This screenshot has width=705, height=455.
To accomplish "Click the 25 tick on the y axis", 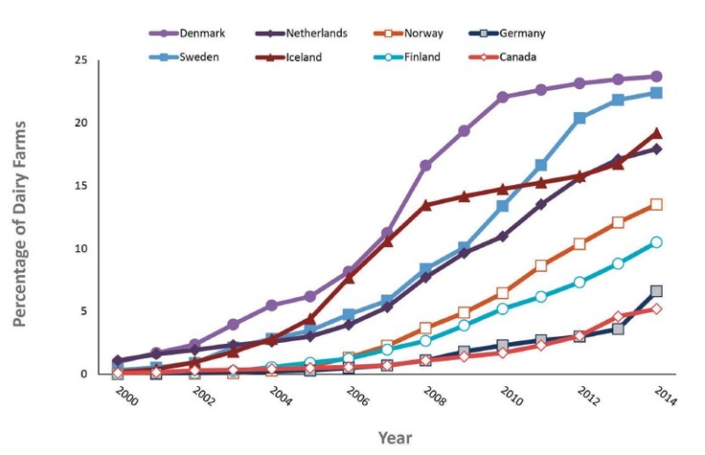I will pyautogui.click(x=81, y=60).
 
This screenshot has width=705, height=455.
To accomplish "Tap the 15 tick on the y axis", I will pyautogui.click(x=81, y=186).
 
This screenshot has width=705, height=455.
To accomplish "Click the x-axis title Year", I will pyautogui.click(x=394, y=437).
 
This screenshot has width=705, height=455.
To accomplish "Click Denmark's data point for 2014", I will pyautogui.click(x=657, y=77).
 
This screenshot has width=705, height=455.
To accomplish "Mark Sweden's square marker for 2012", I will pyautogui.click(x=580, y=117).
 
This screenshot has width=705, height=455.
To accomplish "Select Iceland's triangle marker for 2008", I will pyautogui.click(x=426, y=205).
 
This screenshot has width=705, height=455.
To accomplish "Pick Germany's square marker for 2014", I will pyautogui.click(x=657, y=291).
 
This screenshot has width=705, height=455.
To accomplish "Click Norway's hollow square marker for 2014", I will pyautogui.click(x=657, y=205).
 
